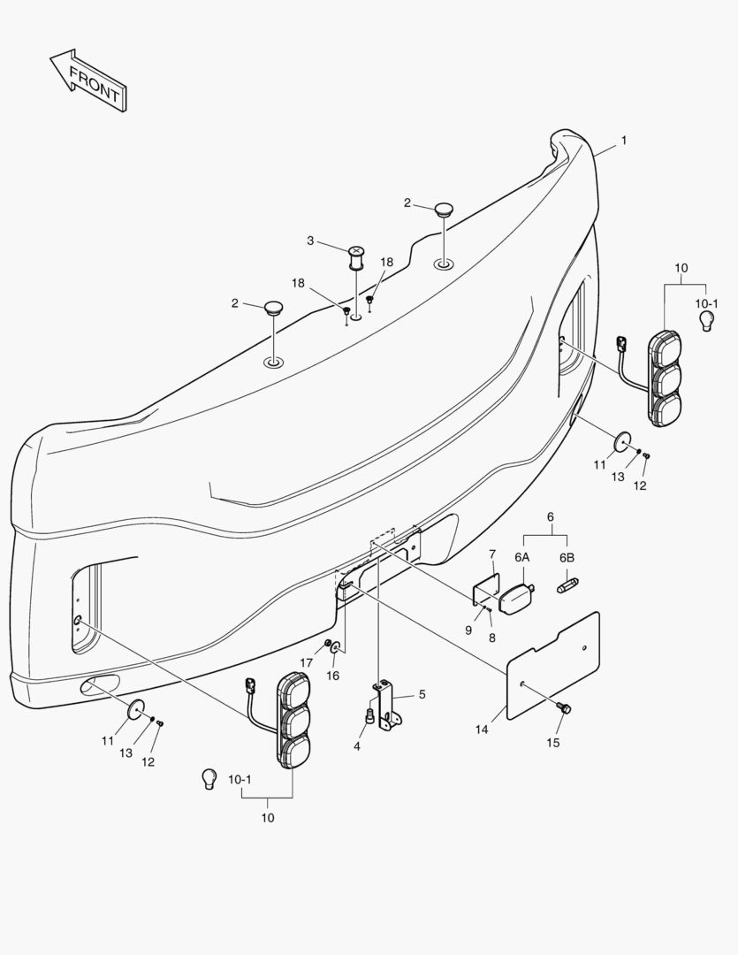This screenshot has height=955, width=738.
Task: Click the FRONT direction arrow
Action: [x=89, y=80]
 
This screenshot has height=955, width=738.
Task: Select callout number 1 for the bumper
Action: [x=623, y=140]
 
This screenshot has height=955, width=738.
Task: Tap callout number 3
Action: [x=310, y=241]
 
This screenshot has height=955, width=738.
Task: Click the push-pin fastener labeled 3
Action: [x=355, y=257]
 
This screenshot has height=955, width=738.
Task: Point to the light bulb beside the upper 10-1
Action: [x=706, y=320]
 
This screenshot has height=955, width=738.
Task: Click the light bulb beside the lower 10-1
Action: [x=209, y=779]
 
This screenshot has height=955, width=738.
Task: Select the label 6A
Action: [x=521, y=557]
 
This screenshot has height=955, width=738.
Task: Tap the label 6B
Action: [x=567, y=557]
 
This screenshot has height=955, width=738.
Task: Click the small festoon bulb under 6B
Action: [x=567, y=585]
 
